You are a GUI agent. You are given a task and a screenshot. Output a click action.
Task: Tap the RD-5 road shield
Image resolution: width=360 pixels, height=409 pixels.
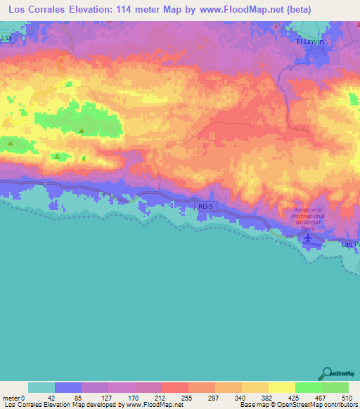(x=205, y=207)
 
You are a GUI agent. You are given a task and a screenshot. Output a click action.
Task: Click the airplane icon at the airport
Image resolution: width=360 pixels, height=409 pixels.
(x=308, y=238)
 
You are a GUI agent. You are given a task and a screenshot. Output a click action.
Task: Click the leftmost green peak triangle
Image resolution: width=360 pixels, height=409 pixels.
(x=11, y=143)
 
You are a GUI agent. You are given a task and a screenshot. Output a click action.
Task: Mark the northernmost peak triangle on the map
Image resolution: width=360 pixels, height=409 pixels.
(x=82, y=131)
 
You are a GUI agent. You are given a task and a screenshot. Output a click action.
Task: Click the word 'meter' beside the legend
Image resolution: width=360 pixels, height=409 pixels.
(x=12, y=397)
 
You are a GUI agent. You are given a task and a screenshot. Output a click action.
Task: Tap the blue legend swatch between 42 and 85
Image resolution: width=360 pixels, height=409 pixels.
(x=68, y=387)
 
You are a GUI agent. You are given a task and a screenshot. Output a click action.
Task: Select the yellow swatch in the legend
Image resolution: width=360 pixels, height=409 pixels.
(x=281, y=387)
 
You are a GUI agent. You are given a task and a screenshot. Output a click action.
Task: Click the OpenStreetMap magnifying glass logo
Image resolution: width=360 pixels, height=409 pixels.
(x=328, y=373)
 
